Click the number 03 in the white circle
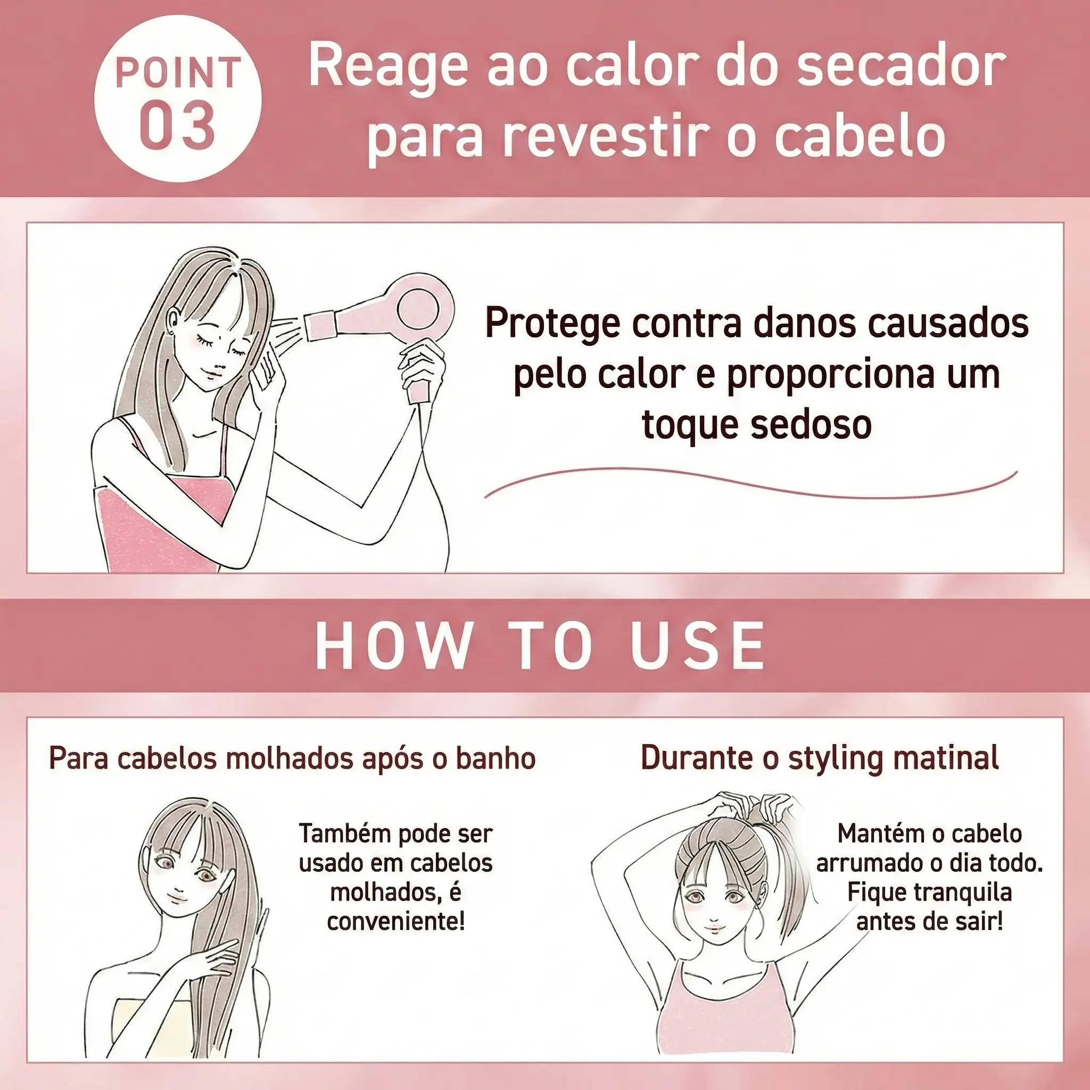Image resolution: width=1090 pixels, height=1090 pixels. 177,126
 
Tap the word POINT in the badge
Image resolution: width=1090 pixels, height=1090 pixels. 178,73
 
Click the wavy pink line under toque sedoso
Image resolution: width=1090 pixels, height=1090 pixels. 750,483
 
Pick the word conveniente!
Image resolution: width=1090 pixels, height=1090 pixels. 396,921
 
